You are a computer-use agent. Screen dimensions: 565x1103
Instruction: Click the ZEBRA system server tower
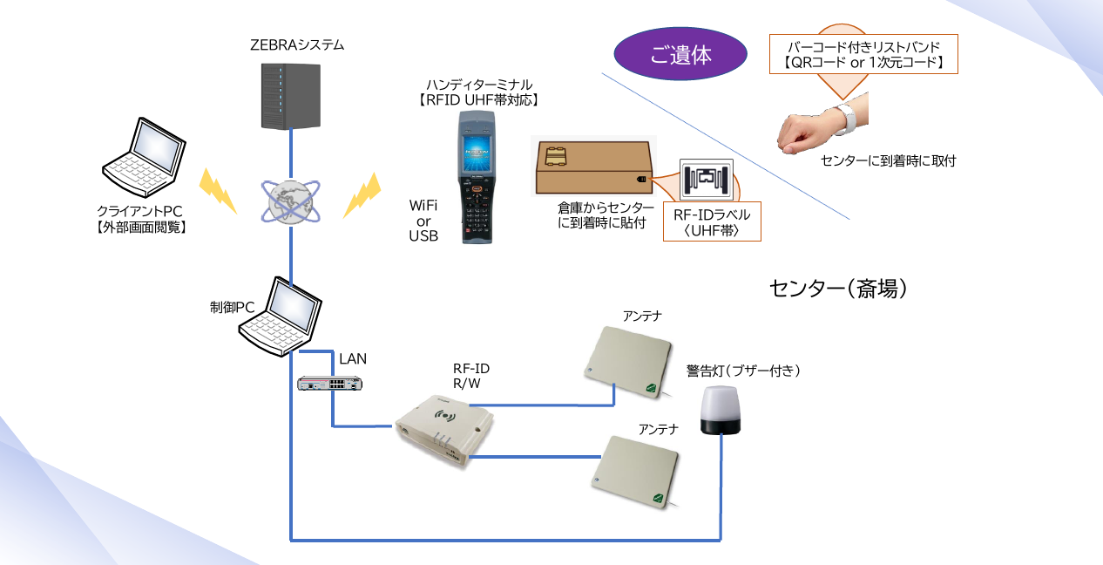pyautogui.click(x=291, y=97)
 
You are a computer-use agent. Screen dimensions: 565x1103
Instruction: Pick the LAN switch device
pyautogui.click(x=330, y=383)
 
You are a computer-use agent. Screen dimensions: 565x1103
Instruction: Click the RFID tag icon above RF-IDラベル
pyautogui.click(x=707, y=180)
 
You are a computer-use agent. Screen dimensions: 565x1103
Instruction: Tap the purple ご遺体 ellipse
pyautogui.click(x=680, y=55)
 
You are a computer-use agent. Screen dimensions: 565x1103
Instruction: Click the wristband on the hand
pyautogui.click(x=843, y=119)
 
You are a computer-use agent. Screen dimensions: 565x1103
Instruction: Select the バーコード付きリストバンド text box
pyautogui.click(x=863, y=54)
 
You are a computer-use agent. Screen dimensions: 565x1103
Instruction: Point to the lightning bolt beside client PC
pyautogui.click(x=218, y=191)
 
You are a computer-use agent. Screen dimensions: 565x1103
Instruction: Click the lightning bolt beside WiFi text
pyautogui.click(x=362, y=195)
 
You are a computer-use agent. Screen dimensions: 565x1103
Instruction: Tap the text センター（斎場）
pyautogui.click(x=839, y=289)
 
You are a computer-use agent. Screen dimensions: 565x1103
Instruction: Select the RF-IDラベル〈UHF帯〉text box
pyautogui.click(x=712, y=222)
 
